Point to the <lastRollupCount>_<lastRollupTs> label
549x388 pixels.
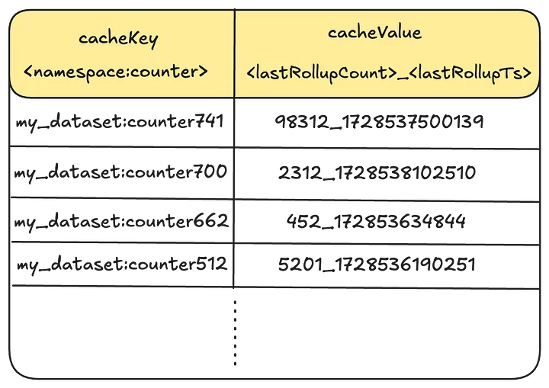click(389, 73)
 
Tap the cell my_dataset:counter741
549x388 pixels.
click(120, 121)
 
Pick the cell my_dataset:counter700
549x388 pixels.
click(120, 172)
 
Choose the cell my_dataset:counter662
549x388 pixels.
click(120, 221)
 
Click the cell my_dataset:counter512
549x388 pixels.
click(120, 265)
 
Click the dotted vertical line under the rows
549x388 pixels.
click(235, 332)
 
